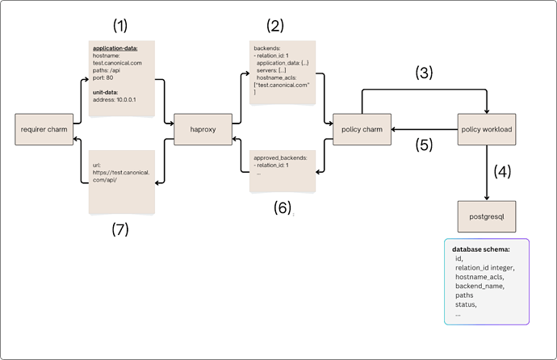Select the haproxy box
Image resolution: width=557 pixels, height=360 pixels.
point(202,129)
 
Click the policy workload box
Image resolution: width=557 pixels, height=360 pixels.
point(486,129)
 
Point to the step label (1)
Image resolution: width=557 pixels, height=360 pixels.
point(120,25)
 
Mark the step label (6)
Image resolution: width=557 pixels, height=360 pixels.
point(279,207)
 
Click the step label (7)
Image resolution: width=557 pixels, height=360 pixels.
point(119,228)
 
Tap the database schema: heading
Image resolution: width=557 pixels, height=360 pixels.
point(480,249)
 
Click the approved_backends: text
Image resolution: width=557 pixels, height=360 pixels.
point(280,158)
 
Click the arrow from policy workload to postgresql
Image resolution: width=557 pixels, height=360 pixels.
point(486,174)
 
